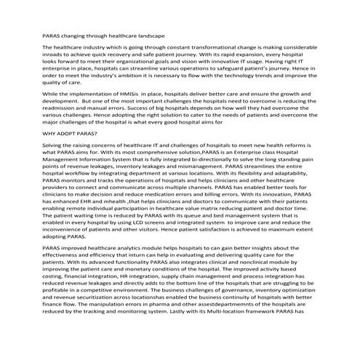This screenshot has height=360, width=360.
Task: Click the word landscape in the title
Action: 149,35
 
